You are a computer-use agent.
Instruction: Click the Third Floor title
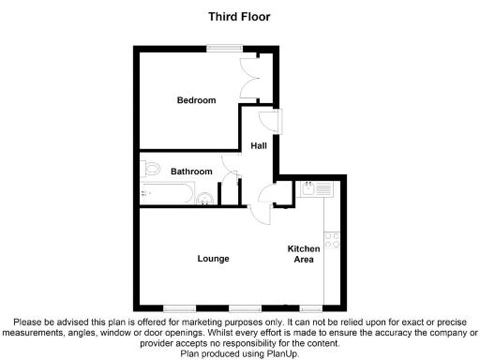pyautogui.click(x=239, y=15)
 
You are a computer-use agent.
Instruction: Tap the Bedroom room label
pyautogui.click(x=196, y=100)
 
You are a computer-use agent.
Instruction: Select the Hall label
pyautogui.click(x=260, y=145)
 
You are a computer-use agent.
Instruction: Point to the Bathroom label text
pyautogui.click(x=191, y=172)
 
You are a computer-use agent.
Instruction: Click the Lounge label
pyautogui.click(x=214, y=258)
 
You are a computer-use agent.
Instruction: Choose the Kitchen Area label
pyautogui.click(x=304, y=253)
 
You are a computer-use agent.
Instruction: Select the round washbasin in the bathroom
pyautogui.click(x=205, y=197)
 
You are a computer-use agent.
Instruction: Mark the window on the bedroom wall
pyautogui.click(x=222, y=48)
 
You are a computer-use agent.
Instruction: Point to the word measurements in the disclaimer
pyautogui.click(x=37, y=332)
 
